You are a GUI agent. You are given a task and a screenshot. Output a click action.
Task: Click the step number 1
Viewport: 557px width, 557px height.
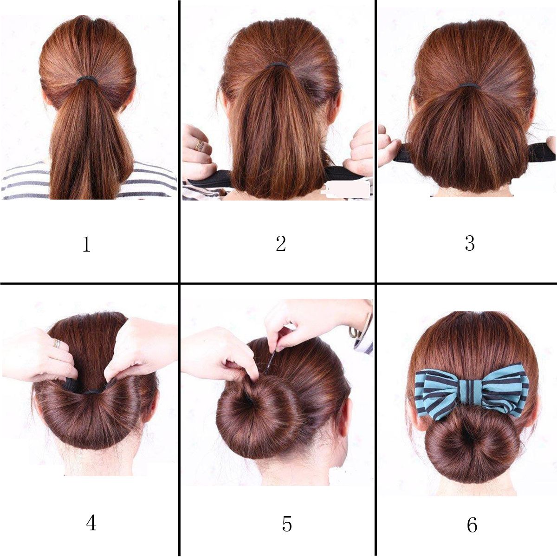pyautogui.click(x=86, y=244)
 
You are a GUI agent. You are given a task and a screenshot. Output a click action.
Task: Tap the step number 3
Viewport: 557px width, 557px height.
pyautogui.click(x=470, y=243)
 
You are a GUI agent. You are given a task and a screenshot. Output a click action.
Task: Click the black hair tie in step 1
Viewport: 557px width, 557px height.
pyautogui.click(x=87, y=79)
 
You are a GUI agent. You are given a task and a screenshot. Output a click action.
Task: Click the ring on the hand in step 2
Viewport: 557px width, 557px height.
pyautogui.click(x=200, y=144)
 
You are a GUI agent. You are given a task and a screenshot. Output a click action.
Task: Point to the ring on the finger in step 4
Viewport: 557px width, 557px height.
pyautogui.click(x=57, y=343)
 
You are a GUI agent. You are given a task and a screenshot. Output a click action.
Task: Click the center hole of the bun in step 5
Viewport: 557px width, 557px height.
pyautogui.click(x=248, y=400)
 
